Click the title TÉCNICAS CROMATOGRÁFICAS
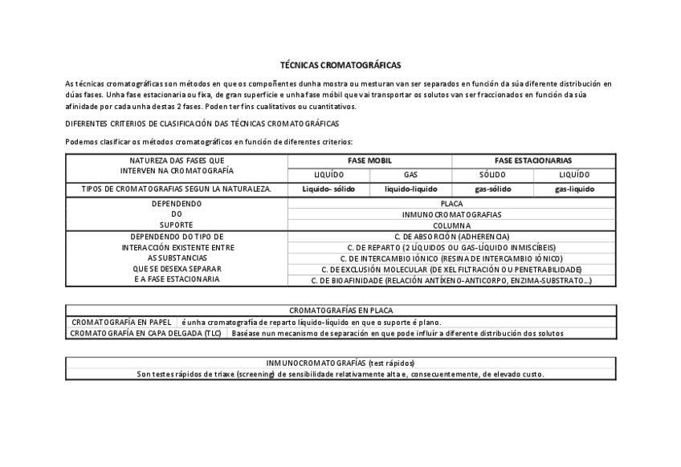coord(340,64)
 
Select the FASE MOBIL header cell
coord(369,160)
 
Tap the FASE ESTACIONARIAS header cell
coord(533,160)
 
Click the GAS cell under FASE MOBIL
coord(410,174)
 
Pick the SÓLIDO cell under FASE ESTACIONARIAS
coord(492,174)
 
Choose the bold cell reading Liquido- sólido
coord(328,189)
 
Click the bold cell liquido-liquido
coord(410,189)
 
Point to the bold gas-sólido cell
coord(492,189)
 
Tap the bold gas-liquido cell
coord(574,189)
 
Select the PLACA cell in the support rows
coord(451,204)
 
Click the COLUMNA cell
coord(451,225)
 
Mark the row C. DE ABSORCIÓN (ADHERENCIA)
coord(451,237)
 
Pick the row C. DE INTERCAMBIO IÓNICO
coord(451,258)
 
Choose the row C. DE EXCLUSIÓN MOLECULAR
coord(451,270)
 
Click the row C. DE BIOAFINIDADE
coord(451,281)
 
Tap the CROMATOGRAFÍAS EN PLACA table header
coord(340,310)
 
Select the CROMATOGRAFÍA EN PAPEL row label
coord(121,321)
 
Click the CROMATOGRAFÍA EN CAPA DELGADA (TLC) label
coord(145,332)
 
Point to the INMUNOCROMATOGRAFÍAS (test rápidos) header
coord(340,363)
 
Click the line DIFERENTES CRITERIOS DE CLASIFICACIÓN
coord(202,124)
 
